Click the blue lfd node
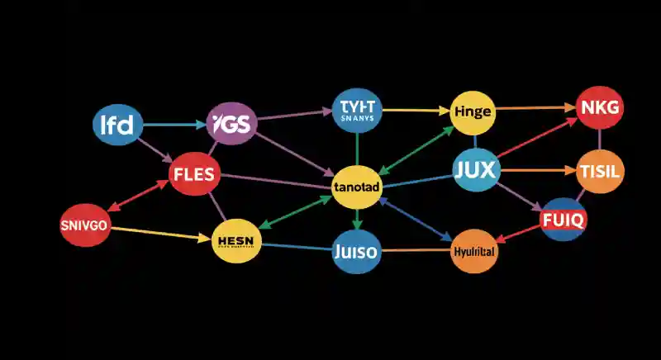[x=117, y=126]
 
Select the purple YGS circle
[x=231, y=124]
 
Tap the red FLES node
[x=193, y=173]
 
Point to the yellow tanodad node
[x=355, y=187]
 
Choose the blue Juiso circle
[x=355, y=251]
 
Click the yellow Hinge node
[x=473, y=111]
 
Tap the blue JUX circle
[x=475, y=171]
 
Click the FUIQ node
[x=563, y=220]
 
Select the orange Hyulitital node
[x=475, y=252]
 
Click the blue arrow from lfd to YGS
[x=174, y=126]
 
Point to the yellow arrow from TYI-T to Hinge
[x=416, y=109]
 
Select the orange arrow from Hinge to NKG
[x=537, y=107]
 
